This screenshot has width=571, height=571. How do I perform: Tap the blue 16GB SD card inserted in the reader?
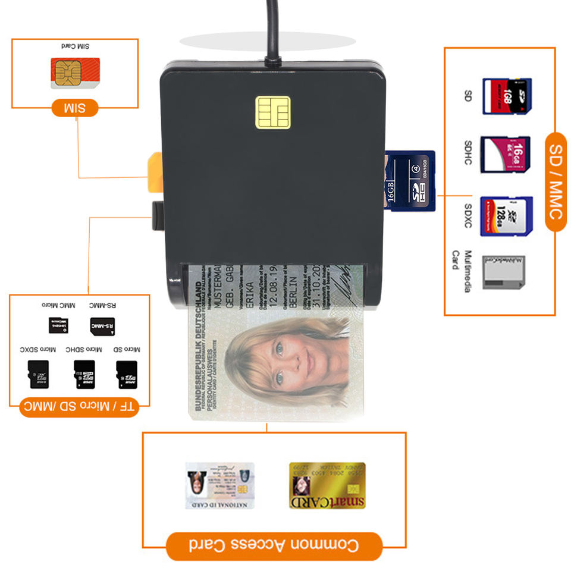pos(410,181)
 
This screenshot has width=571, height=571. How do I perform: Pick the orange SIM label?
pos(74,108)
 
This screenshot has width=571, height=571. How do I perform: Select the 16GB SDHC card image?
pos(506,155)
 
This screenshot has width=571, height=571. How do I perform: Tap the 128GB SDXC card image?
pos(506,217)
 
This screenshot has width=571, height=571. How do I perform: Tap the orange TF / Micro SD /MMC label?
pos(79,408)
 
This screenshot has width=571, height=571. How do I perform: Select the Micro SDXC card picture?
pos(39,374)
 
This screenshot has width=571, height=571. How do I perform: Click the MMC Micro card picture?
pos(58,325)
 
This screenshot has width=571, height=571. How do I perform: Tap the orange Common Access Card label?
pos(274,545)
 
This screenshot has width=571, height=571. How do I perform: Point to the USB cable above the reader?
pos(272,30)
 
